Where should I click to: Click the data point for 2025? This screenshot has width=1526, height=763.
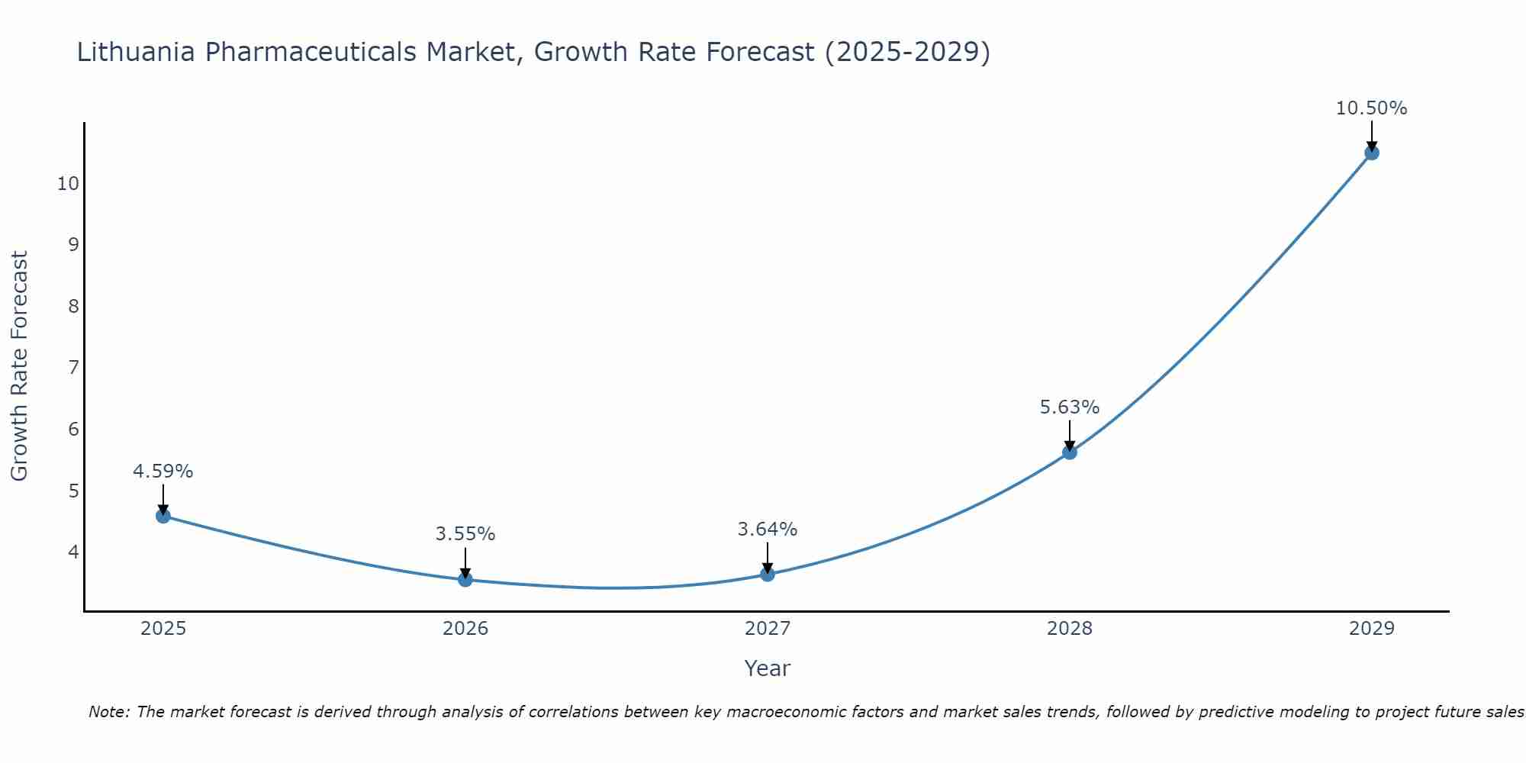[x=163, y=516]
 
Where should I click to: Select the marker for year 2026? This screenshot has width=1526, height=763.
[x=465, y=580]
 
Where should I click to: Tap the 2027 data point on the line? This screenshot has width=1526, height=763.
[x=768, y=574]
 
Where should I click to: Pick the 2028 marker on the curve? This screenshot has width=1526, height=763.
[x=1070, y=452]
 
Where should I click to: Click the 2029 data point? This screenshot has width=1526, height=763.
[x=1372, y=153]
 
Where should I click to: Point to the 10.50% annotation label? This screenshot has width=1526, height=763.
[x=1371, y=108]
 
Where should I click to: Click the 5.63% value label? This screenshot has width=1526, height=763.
[x=1070, y=407]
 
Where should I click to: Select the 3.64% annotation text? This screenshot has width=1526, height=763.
[x=768, y=529]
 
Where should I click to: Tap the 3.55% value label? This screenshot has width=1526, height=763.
[x=465, y=534]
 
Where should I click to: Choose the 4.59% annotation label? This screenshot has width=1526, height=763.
[x=163, y=472]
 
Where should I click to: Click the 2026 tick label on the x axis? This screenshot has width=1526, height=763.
[x=465, y=629]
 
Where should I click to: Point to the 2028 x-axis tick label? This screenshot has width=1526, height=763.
[x=1070, y=629]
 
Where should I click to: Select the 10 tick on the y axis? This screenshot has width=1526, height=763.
[x=68, y=184]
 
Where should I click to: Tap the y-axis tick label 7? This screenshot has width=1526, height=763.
[x=73, y=368]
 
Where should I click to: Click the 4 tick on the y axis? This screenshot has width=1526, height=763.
[x=73, y=552]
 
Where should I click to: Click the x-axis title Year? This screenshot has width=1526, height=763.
[x=768, y=668]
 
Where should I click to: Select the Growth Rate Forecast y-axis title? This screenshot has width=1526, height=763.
[x=19, y=366]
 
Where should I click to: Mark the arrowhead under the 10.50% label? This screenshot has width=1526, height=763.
[x=1372, y=146]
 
